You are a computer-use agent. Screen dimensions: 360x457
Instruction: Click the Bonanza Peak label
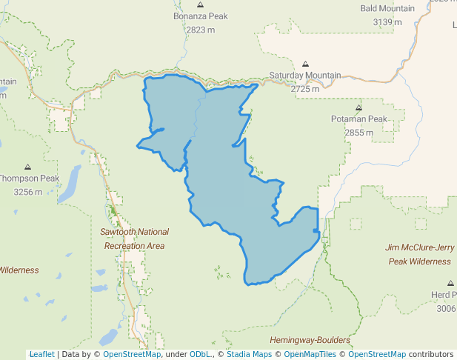[200, 16]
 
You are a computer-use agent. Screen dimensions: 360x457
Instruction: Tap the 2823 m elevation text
[200, 30]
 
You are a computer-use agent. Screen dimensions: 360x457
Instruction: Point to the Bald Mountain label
[387, 8]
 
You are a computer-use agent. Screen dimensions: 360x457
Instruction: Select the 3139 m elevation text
[387, 22]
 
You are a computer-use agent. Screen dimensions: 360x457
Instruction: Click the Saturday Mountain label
[304, 76]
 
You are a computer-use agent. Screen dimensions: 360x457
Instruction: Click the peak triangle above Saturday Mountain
[306, 64]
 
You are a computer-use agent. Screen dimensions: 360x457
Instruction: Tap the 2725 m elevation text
[305, 89]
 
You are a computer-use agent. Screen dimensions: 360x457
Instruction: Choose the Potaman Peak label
[358, 119]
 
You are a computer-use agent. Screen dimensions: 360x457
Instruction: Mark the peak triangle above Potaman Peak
[358, 107]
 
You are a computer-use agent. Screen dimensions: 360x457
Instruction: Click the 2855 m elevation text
[358, 133]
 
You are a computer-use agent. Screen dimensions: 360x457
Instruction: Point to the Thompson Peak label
[28, 179]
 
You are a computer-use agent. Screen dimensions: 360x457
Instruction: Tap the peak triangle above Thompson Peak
[28, 167]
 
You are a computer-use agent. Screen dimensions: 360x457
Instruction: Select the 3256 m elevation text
[28, 192]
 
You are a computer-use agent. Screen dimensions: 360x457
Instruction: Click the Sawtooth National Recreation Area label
[134, 239]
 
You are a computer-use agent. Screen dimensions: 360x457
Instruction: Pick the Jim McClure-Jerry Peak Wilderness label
[418, 254]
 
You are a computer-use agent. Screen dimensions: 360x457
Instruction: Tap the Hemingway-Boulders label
[310, 340]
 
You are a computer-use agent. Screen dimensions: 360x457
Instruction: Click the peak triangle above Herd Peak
[450, 283]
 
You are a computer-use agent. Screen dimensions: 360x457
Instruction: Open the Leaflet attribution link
[41, 354]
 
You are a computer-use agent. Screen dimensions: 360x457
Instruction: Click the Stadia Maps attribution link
[248, 354]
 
